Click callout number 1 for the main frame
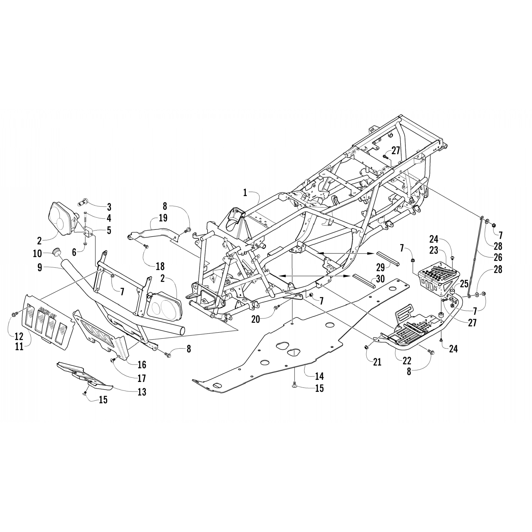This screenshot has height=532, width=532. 245,193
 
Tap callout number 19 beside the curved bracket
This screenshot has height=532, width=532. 164,218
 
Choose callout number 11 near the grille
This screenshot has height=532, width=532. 19,347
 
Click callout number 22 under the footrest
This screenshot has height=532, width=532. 406,361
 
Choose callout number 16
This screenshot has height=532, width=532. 142,364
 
